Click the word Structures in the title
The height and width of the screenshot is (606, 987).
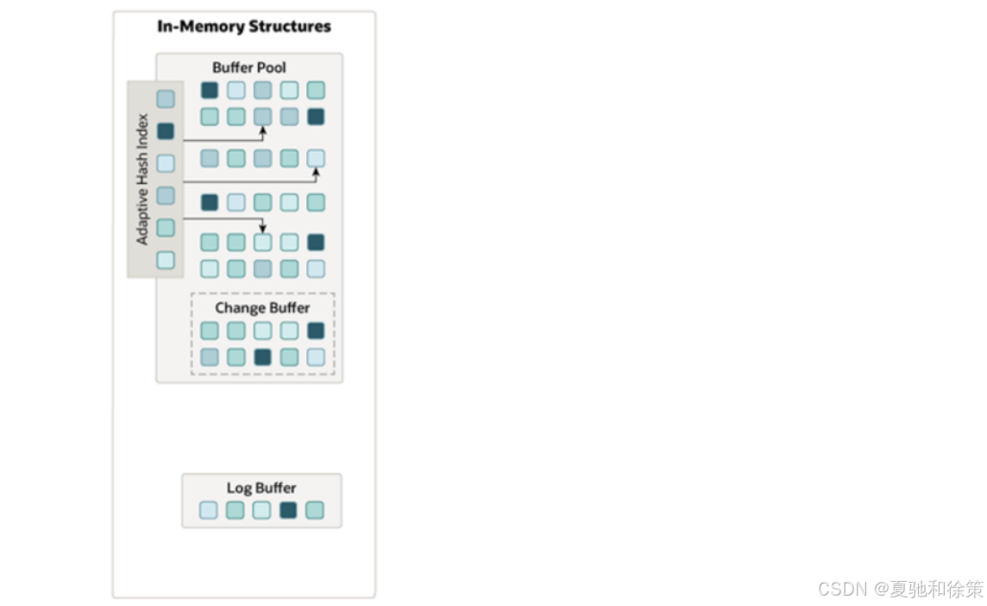click(289, 27)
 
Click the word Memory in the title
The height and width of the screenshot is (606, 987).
click(208, 27)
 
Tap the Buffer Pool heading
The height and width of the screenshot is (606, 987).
click(249, 67)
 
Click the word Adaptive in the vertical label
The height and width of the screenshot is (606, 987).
click(143, 215)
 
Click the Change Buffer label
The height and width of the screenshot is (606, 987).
click(262, 307)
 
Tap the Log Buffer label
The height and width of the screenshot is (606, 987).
click(261, 488)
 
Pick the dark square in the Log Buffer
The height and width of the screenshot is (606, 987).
click(288, 510)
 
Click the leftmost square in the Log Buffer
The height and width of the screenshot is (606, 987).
click(209, 510)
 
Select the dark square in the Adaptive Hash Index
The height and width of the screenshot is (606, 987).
click(166, 131)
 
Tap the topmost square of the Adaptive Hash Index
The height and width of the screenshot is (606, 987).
click(166, 99)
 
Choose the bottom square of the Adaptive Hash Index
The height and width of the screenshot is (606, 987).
click(166, 260)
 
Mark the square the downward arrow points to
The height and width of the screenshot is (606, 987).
click(262, 243)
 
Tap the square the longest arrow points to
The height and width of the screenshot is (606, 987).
click(316, 158)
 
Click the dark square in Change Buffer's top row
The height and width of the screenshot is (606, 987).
click(316, 331)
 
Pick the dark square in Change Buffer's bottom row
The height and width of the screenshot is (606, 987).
click(262, 357)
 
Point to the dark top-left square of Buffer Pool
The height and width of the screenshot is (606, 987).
click(210, 91)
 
